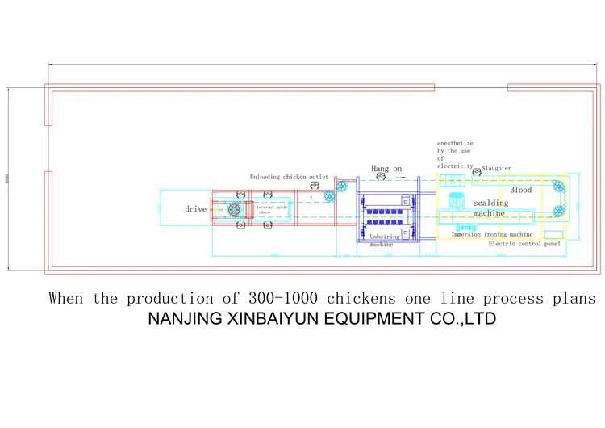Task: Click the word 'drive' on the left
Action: [196, 209]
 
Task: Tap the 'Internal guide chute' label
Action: [272, 210]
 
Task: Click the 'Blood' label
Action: [521, 190]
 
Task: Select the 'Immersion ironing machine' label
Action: [492, 234]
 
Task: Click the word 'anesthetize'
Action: [456, 143]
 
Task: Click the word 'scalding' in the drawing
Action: [491, 203]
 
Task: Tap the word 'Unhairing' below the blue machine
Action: [382, 237]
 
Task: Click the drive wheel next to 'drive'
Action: [236, 210]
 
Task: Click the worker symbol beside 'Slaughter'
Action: [478, 170]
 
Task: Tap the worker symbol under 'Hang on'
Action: [382, 178]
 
